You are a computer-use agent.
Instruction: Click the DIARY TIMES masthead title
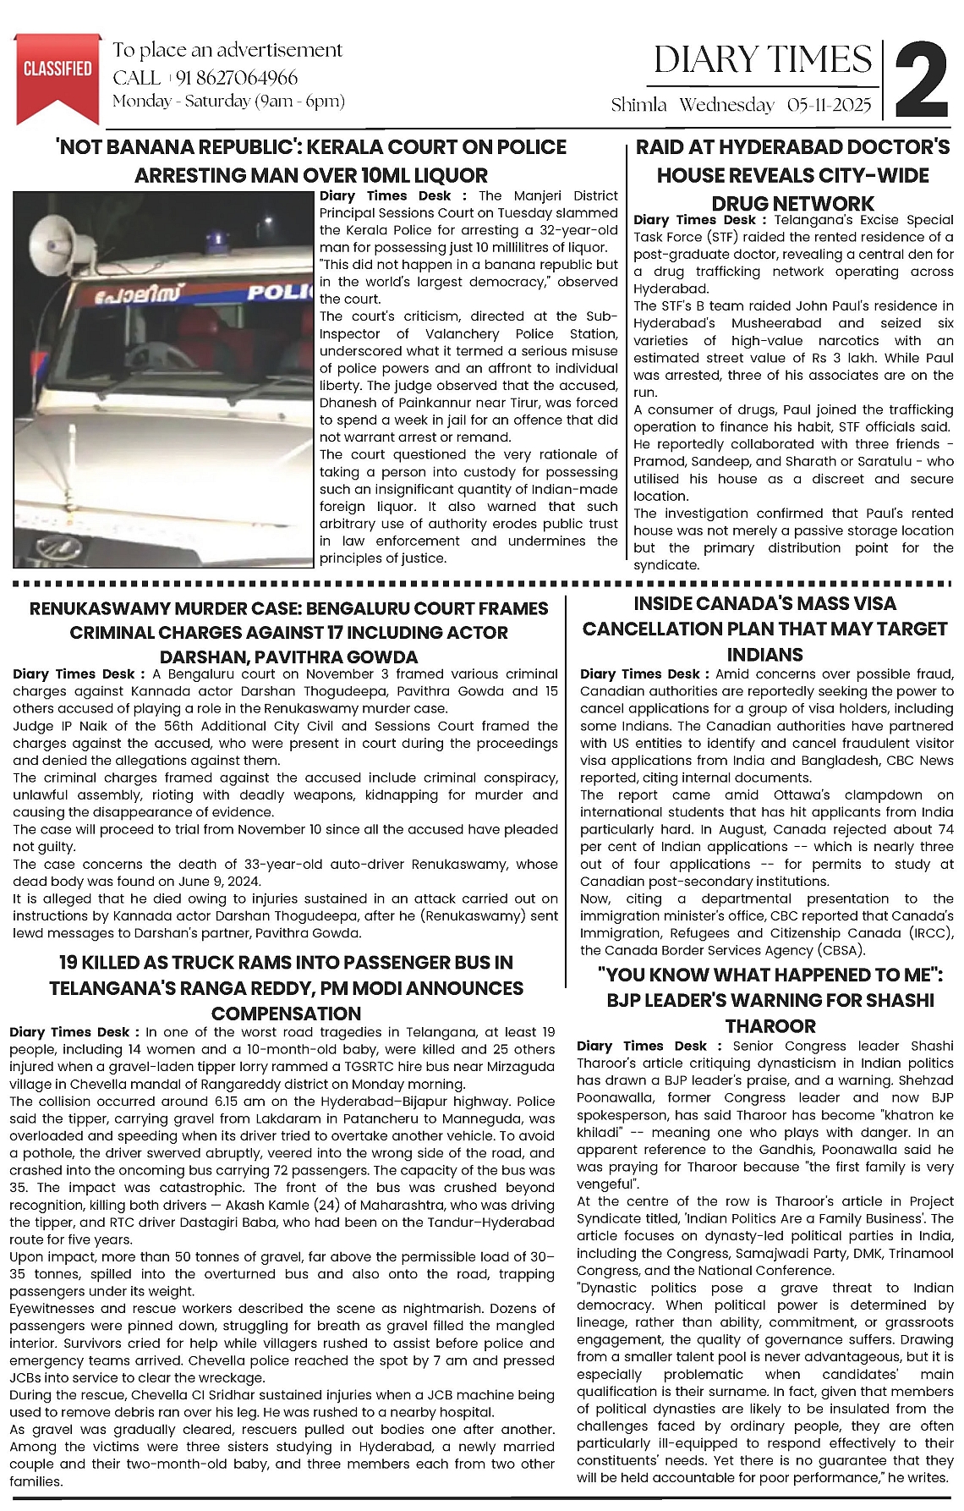pyautogui.click(x=762, y=60)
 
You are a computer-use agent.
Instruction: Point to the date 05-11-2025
pyautogui.click(x=829, y=105)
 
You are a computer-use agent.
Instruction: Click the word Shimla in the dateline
pyautogui.click(x=639, y=105)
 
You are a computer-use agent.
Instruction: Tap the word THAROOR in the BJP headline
pyautogui.click(x=770, y=1025)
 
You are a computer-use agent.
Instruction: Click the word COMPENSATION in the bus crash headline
pyautogui.click(x=286, y=1013)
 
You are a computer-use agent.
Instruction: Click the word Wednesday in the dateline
pyautogui.click(x=726, y=105)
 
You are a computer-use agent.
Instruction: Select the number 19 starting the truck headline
pyautogui.click(x=69, y=962)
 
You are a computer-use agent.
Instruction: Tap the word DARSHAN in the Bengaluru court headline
pyautogui.click(x=200, y=657)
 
